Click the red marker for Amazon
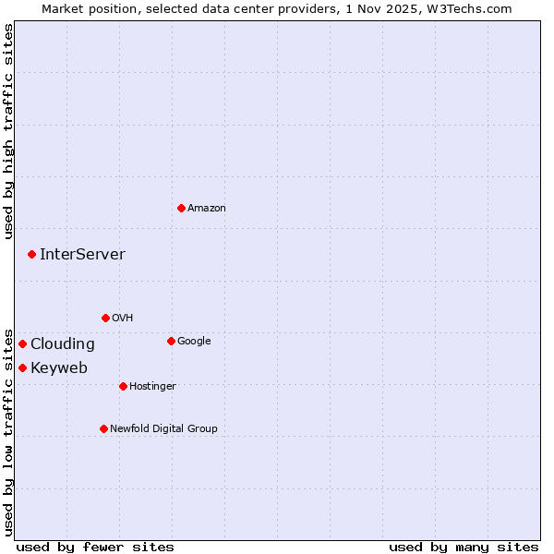(181, 208)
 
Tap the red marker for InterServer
(31, 254)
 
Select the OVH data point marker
(105, 318)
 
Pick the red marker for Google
(171, 341)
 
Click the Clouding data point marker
(22, 343)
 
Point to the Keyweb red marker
(22, 367)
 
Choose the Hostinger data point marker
(123, 386)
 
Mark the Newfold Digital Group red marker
(103, 428)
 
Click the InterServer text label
(82, 254)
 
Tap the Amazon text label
(206, 208)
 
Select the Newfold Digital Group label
(163, 428)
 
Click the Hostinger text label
(152, 386)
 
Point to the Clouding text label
(62, 343)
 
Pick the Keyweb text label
(58, 367)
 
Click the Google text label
(194, 341)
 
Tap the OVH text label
(122, 318)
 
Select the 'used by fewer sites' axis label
(95, 547)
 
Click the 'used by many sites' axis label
(464, 547)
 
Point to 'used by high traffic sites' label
(8, 131)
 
